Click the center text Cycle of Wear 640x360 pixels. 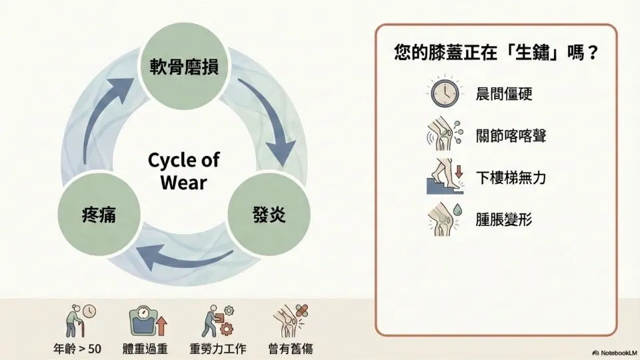(x=183, y=171)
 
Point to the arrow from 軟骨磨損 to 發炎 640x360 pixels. (x=269, y=124)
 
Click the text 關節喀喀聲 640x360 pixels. (x=512, y=137)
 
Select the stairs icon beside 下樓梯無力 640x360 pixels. (x=441, y=177)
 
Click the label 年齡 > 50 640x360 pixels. (x=77, y=348)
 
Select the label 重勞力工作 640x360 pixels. (x=217, y=348)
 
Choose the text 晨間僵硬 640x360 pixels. (x=504, y=94)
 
